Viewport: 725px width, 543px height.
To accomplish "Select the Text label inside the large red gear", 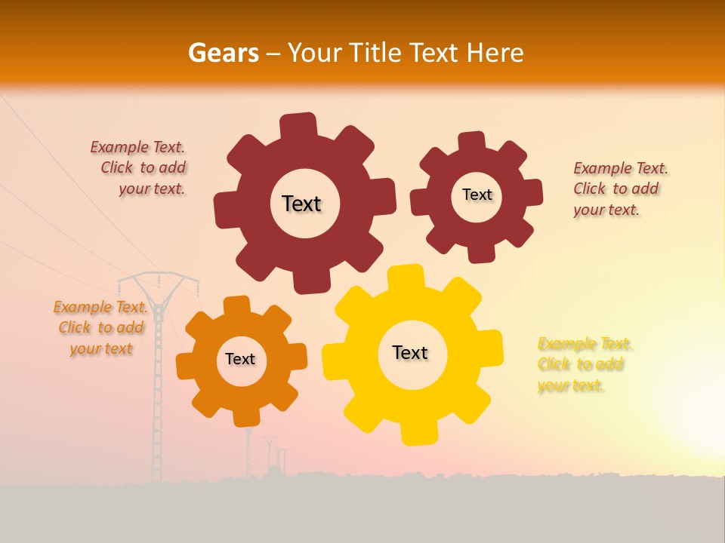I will click(301, 204).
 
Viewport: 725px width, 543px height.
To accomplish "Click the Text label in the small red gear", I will click(477, 195).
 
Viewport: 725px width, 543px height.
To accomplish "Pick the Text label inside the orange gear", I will click(240, 359).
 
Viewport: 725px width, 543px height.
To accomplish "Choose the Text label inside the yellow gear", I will click(410, 352).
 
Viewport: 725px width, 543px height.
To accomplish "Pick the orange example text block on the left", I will click(101, 328).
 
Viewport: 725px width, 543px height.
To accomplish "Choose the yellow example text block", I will click(584, 365).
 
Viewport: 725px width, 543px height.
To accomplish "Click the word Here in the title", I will click(495, 53).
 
